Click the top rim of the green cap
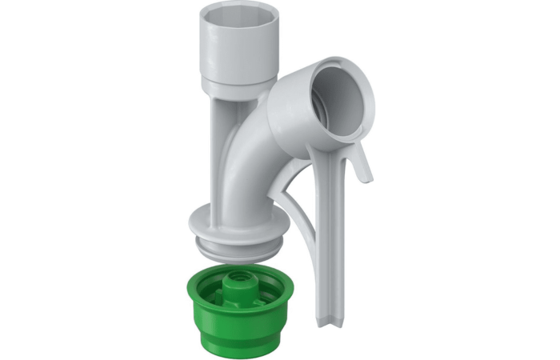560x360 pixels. coord(200,284)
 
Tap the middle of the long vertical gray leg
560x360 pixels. coord(329,240)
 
